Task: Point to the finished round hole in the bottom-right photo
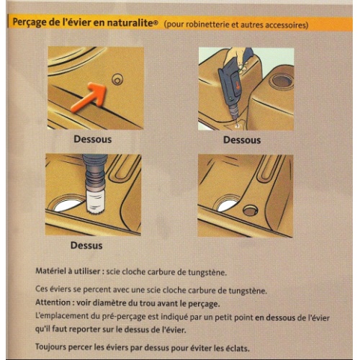[251, 211]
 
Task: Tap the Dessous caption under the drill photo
[241, 140]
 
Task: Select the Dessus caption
[86, 245]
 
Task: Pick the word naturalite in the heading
[130, 24]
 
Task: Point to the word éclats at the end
[234, 347]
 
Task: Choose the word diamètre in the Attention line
[120, 302]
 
